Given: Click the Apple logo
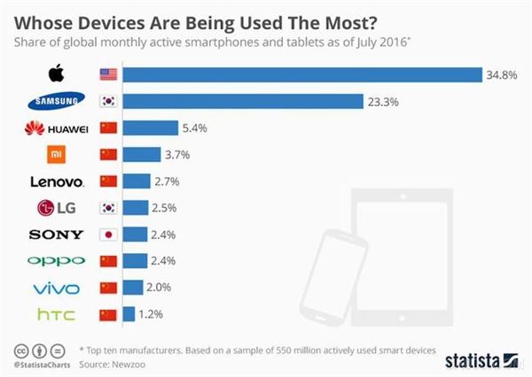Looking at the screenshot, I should pyautogui.click(x=56, y=73).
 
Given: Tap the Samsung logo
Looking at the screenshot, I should pyautogui.click(x=56, y=101).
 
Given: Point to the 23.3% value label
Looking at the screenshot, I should pyautogui.click(x=383, y=101).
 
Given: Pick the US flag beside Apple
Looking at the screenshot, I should pyautogui.click(x=108, y=73).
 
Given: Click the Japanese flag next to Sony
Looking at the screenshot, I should pyautogui.click(x=108, y=235).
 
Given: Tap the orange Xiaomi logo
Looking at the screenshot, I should pyautogui.click(x=56, y=155).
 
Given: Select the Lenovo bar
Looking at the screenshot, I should pyautogui.click(x=136, y=181).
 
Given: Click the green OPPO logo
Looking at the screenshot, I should pyautogui.click(x=56, y=261).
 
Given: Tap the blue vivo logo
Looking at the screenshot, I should pyautogui.click(x=56, y=288).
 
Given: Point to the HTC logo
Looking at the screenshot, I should pyautogui.click(x=56, y=314).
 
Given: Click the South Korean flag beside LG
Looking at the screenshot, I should pyautogui.click(x=108, y=208).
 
